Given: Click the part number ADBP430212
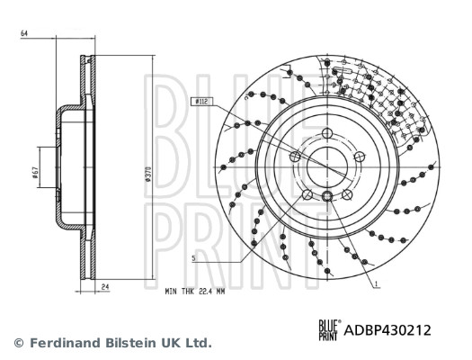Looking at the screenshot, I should (387, 329).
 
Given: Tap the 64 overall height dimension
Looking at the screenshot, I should (24, 33).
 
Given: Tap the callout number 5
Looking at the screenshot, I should (193, 258).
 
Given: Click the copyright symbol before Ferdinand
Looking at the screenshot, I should (18, 343).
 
